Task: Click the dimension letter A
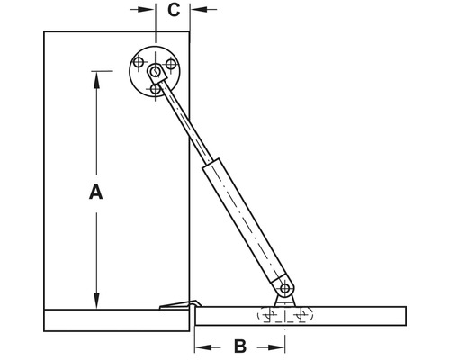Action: tap(96, 193)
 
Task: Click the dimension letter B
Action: tap(240, 346)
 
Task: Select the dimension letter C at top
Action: tap(174, 10)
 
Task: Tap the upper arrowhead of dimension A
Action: tap(96, 80)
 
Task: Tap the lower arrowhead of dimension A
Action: tap(96, 301)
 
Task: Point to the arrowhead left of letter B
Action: tap(203, 347)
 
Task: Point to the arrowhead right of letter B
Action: tap(276, 347)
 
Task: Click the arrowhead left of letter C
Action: tap(146, 9)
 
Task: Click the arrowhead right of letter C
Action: tap(199, 9)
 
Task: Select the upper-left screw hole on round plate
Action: tap(139, 63)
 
